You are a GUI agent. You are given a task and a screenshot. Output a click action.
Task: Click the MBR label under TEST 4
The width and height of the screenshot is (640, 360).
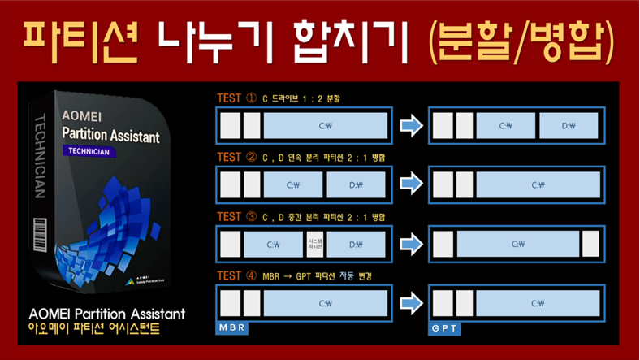(231, 327)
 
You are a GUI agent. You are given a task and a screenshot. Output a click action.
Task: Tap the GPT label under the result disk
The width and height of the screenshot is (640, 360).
(444, 327)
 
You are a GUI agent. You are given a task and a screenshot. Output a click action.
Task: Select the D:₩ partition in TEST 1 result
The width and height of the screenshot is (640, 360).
(569, 126)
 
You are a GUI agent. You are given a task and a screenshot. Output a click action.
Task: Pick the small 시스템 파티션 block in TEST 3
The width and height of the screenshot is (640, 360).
(316, 244)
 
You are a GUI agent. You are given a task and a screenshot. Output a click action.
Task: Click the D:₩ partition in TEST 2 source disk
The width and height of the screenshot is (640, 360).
(356, 184)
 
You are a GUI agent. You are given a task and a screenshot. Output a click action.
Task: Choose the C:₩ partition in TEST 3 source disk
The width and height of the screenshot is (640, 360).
(274, 244)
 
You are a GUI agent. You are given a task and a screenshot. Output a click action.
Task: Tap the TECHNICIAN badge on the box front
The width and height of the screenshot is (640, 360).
(89, 151)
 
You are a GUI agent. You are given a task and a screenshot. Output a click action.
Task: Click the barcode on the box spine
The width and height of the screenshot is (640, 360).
(39, 235)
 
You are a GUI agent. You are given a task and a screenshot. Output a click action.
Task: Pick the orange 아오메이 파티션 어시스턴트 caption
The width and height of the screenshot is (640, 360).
(94, 329)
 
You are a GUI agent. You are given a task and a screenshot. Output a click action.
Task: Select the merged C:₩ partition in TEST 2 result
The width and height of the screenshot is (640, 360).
(538, 184)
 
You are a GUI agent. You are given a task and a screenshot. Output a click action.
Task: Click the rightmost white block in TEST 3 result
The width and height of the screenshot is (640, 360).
(590, 244)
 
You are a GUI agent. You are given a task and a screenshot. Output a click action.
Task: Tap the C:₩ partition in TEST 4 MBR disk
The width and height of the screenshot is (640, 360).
(326, 303)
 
